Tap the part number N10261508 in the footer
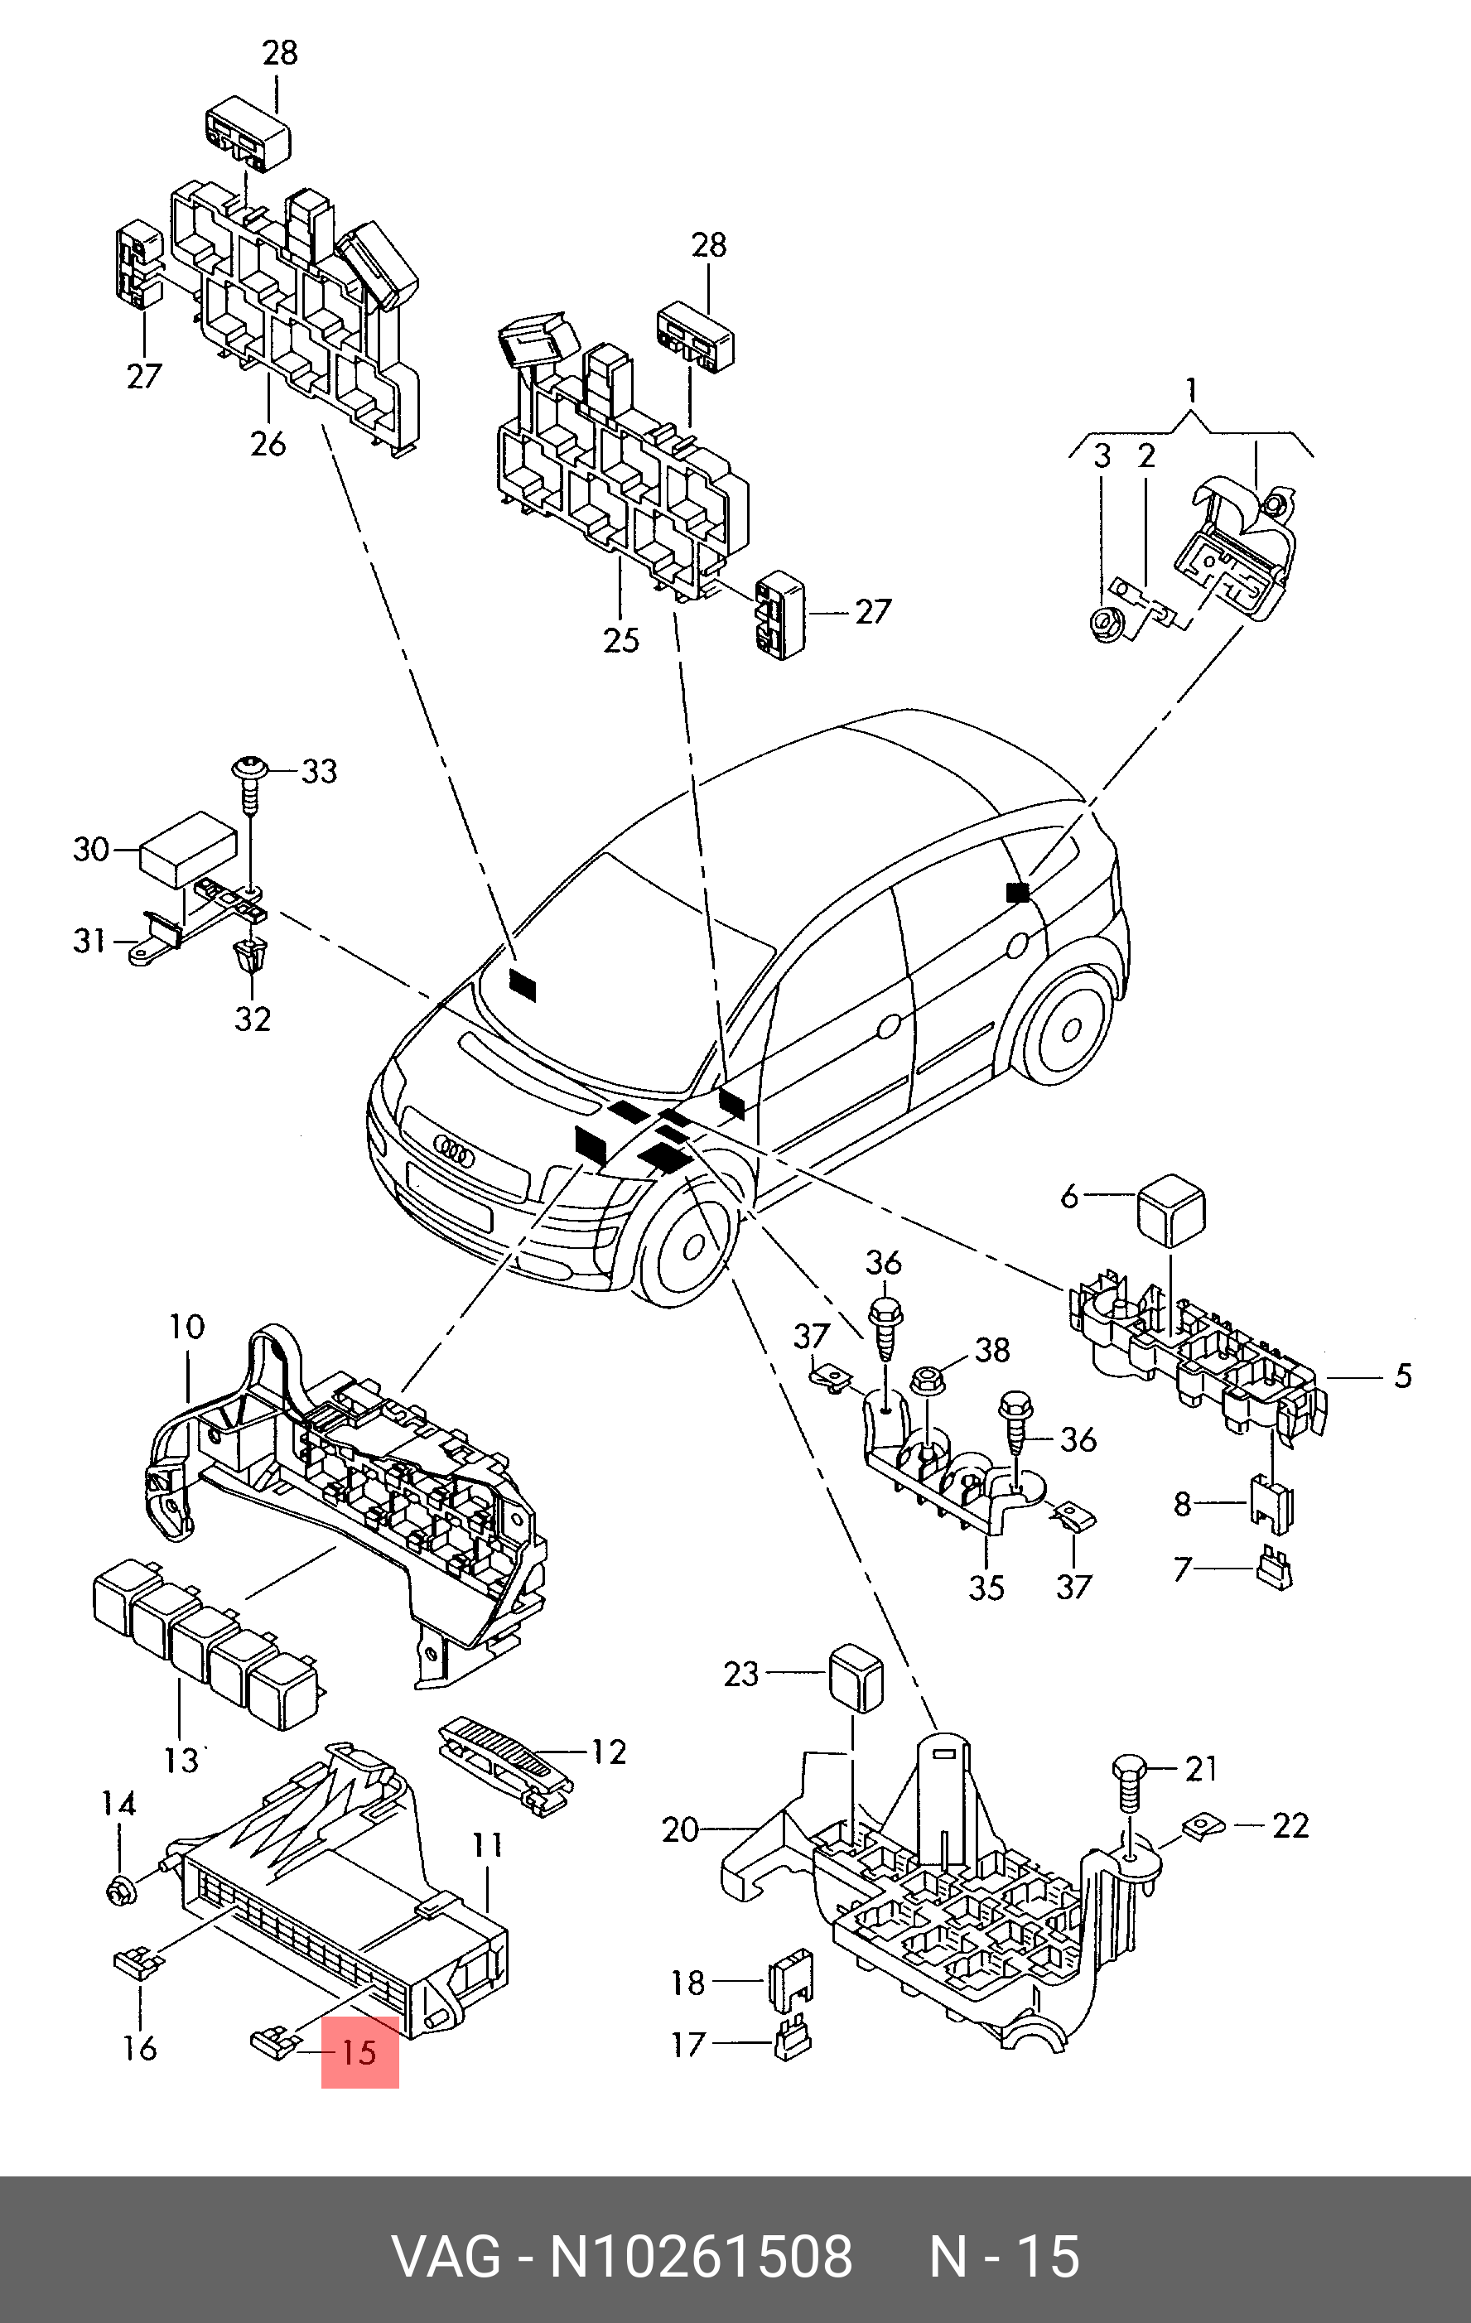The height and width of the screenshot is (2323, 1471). [702, 2258]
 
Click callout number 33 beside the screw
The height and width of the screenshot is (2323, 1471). [318, 772]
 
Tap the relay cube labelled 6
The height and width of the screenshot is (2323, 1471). [1171, 1210]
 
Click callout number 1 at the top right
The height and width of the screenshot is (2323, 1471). [1192, 391]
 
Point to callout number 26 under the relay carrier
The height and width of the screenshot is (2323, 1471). [268, 443]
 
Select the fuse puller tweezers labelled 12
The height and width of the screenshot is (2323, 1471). [504, 1762]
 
